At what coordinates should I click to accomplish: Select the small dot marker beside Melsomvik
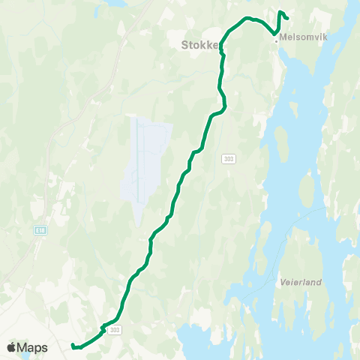(x=276, y=41)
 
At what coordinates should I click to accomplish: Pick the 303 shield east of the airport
(x=228, y=158)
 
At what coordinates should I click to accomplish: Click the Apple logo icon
(x=11, y=347)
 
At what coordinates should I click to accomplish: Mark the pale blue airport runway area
(x=145, y=161)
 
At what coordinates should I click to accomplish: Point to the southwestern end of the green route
(x=72, y=346)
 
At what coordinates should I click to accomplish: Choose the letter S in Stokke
(x=184, y=45)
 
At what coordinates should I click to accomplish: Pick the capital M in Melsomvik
(x=282, y=35)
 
